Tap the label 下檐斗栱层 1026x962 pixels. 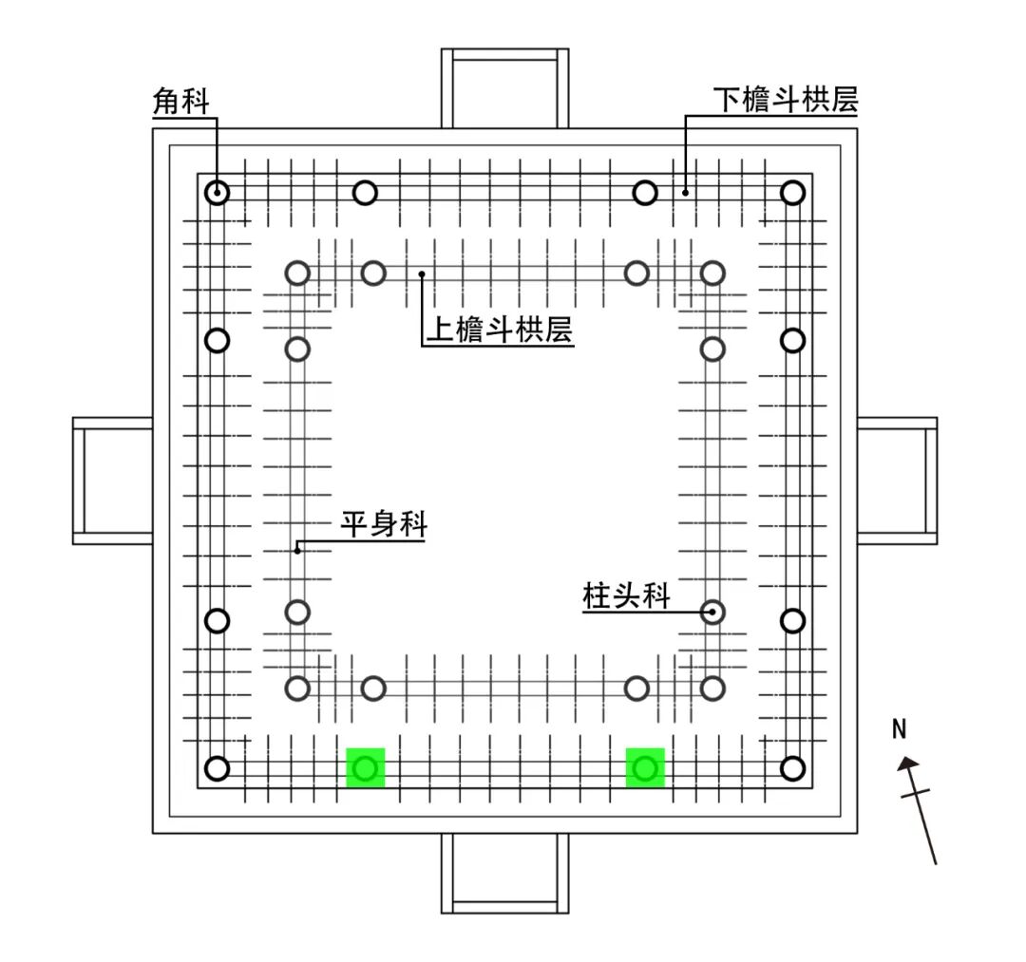pyautogui.click(x=786, y=100)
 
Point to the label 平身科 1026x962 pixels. pyautogui.click(x=383, y=524)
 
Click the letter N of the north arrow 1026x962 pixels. pyautogui.click(x=900, y=729)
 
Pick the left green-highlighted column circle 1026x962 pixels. pyautogui.click(x=366, y=767)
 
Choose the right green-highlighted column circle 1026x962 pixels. pyautogui.click(x=645, y=767)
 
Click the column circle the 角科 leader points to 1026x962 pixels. pyautogui.click(x=218, y=193)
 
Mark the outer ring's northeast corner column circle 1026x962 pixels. pyautogui.click(x=792, y=193)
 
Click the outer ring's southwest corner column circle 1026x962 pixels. pyautogui.click(x=218, y=768)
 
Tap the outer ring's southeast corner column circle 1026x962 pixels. pyautogui.click(x=792, y=768)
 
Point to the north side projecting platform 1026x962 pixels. pyautogui.click(x=504, y=87)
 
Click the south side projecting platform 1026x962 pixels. pyautogui.click(x=504, y=874)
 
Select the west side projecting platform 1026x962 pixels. pyautogui.click(x=113, y=481)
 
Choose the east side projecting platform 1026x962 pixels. pyautogui.click(x=897, y=481)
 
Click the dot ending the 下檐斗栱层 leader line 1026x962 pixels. pyautogui.click(x=684, y=193)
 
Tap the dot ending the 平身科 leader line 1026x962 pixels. pyautogui.click(x=297, y=549)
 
